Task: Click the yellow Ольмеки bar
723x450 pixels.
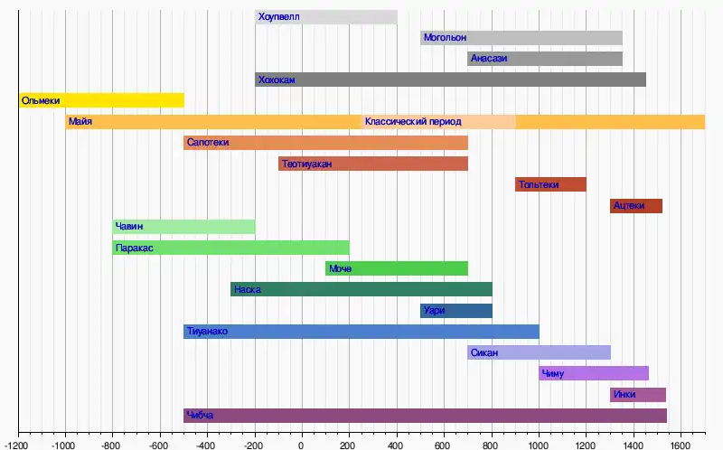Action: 101,100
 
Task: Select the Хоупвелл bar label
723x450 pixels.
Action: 278,17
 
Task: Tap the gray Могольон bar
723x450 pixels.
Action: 521,38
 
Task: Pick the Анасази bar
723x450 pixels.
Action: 545,59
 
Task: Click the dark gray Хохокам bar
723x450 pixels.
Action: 450,80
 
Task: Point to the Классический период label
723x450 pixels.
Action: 413,122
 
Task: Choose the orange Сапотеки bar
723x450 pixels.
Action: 325,143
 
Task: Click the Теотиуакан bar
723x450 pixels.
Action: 373,164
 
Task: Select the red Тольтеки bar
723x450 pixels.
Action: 550,184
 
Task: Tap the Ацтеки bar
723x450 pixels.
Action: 635,205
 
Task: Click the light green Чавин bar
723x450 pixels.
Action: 183,226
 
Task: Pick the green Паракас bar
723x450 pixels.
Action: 230,248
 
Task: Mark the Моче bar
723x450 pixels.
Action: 396,268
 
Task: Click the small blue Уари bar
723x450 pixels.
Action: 455,311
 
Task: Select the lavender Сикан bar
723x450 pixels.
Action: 539,352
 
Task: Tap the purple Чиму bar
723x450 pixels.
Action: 594,373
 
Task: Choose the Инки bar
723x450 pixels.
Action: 637,394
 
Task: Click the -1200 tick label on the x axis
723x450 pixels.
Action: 17,443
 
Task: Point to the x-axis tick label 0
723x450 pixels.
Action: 302,443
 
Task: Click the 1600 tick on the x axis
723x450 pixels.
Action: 681,443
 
